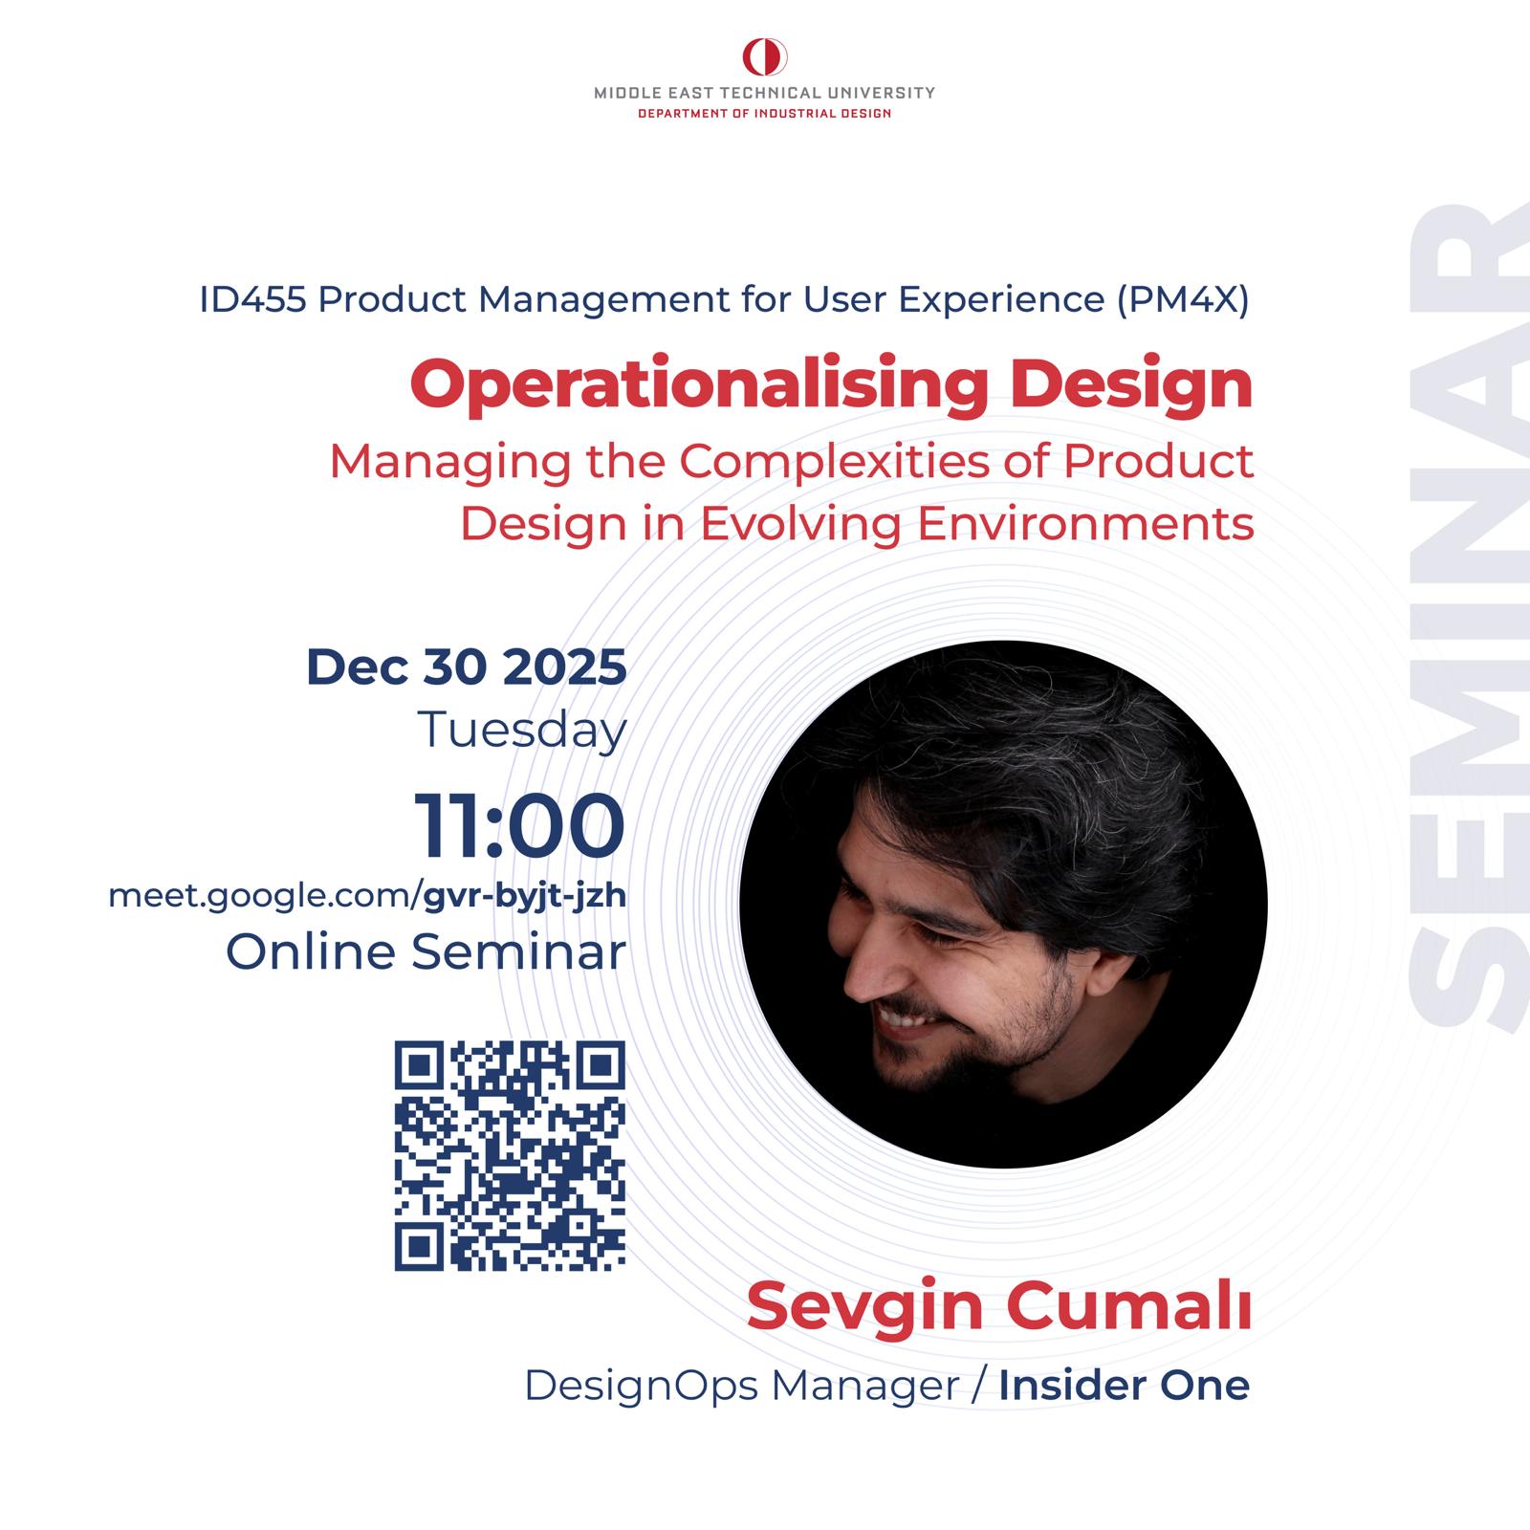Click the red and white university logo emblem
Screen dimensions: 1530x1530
(765, 57)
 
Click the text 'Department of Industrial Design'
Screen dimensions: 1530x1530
(765, 114)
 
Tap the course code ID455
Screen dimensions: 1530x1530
(252, 300)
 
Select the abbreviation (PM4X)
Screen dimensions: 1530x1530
(1182, 300)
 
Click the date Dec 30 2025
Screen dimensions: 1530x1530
(467, 667)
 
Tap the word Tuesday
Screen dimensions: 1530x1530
(522, 731)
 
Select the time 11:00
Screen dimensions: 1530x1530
(520, 826)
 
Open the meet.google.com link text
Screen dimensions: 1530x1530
(367, 898)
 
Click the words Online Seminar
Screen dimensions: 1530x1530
(426, 952)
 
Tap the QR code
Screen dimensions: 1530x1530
(510, 1156)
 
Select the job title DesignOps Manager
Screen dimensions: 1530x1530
(741, 1387)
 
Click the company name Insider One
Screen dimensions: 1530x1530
(1125, 1386)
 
